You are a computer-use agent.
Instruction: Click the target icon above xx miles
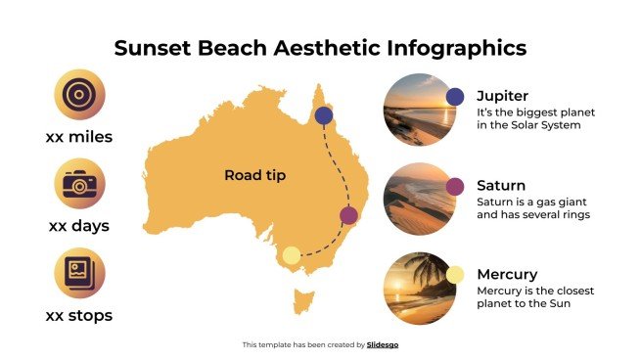click(78, 95)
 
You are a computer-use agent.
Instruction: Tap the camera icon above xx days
click(78, 184)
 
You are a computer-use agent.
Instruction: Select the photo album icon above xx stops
click(78, 273)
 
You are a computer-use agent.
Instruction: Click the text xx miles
click(78, 137)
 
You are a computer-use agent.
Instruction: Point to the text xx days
click(78, 226)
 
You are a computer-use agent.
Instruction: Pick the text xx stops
click(78, 315)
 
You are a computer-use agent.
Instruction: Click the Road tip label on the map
click(254, 175)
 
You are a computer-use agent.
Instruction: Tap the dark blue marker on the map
click(324, 115)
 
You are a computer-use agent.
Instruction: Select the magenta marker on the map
click(348, 215)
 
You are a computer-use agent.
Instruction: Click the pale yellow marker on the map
click(291, 256)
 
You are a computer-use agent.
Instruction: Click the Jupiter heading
click(502, 96)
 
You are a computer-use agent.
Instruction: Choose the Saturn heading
click(501, 185)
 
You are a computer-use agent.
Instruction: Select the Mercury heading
click(507, 274)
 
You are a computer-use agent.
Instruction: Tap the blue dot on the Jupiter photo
click(455, 96)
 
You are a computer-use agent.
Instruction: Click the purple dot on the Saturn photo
click(455, 186)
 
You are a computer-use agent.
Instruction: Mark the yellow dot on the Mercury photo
click(455, 275)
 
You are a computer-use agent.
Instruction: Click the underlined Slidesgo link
click(383, 344)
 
